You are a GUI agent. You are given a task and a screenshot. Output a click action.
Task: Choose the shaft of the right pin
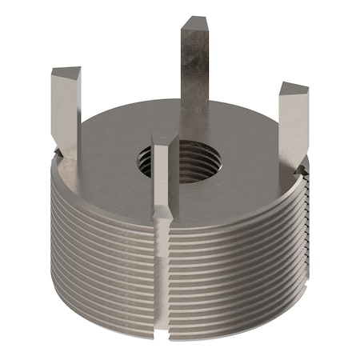click(x=290, y=128)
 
